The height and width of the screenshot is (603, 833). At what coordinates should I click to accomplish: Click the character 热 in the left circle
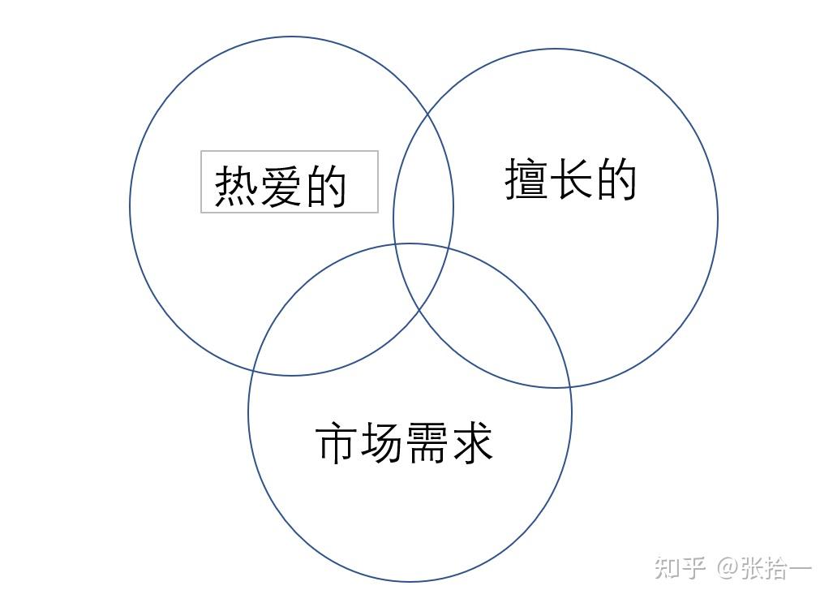coord(236,187)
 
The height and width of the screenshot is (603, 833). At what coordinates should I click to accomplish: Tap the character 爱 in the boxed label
coord(281,187)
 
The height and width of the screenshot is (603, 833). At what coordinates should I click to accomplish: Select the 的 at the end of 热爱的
coord(325,187)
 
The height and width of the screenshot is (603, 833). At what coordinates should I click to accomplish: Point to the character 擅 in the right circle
coord(526,179)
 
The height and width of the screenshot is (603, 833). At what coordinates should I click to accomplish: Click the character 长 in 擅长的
coord(571,179)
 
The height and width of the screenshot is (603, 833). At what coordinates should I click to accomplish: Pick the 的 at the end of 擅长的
coord(616,179)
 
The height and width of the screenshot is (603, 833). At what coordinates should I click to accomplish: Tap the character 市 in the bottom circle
coord(337,443)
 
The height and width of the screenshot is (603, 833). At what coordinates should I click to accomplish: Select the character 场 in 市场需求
coord(382,443)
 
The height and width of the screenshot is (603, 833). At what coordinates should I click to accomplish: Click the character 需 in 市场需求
coord(427,443)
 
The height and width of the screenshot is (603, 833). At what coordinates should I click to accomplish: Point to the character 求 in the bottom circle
coord(471,443)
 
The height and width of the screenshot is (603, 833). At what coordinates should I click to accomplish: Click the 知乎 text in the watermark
coord(680,567)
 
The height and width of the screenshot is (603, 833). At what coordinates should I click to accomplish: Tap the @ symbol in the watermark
coord(727,567)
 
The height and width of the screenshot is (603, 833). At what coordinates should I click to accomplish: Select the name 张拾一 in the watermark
coord(775,567)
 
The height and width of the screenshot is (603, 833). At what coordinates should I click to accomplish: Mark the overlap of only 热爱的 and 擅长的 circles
coord(423,187)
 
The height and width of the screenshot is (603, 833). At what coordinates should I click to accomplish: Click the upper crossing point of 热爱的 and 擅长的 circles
coord(428,114)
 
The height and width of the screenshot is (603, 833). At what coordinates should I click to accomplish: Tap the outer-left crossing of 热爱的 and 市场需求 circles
coord(253,372)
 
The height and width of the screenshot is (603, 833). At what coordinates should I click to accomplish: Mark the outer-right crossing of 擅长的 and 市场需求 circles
coord(570,386)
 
